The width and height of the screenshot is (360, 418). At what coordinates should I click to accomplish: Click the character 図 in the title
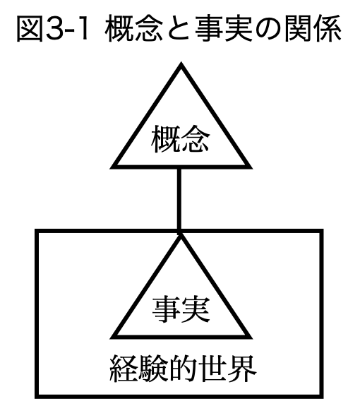[30, 29]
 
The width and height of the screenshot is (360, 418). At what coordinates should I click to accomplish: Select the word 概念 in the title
[134, 29]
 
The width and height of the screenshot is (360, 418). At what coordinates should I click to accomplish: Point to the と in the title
[178, 29]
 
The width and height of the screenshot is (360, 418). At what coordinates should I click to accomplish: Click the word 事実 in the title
[224, 29]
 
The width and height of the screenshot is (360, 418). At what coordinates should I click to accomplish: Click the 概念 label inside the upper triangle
[180, 139]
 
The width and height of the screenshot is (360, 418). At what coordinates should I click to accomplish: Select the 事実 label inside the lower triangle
[181, 310]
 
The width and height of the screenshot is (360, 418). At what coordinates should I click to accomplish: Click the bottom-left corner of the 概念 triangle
[111, 168]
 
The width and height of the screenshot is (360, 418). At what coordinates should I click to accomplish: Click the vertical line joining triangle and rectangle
[179, 199]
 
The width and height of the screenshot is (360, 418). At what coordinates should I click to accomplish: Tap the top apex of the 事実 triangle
[181, 234]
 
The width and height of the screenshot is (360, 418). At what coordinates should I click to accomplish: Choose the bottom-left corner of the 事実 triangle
[111, 338]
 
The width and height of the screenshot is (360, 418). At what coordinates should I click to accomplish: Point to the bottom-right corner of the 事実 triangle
[252, 338]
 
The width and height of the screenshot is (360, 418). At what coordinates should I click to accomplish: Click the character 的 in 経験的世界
[183, 369]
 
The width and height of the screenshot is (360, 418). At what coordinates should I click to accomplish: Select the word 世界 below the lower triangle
[227, 369]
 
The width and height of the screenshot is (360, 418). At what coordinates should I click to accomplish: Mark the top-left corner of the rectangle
[37, 230]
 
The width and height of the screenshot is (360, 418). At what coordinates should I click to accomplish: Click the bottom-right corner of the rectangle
[322, 397]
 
